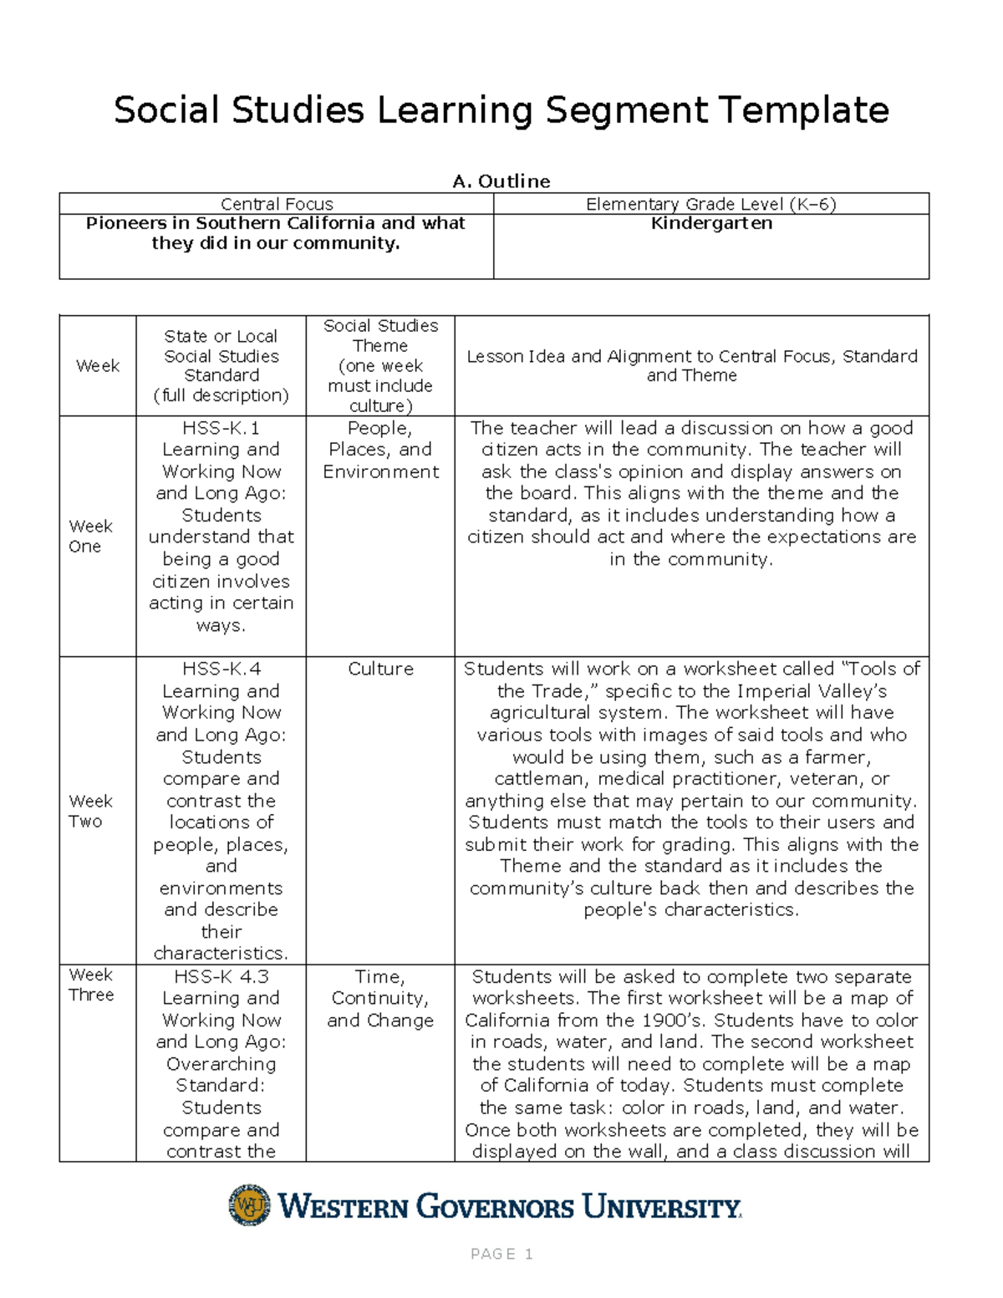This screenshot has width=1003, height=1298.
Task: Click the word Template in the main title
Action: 802,110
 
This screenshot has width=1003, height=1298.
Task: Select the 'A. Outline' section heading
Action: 501,181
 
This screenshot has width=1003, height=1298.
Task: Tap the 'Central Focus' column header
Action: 277,204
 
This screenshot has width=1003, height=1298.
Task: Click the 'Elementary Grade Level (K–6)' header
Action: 710,204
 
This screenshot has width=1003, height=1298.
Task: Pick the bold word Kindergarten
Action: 711,224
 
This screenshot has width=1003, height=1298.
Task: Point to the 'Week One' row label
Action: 90,536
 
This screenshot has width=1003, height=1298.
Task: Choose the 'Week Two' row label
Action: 90,811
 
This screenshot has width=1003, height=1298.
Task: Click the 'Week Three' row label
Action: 91,985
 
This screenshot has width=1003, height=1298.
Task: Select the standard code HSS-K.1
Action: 221,428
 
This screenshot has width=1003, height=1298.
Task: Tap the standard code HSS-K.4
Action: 221,669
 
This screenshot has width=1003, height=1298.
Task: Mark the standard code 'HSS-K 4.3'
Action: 221,976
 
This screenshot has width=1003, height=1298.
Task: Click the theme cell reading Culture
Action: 380,669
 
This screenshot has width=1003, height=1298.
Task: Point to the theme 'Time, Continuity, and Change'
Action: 380,998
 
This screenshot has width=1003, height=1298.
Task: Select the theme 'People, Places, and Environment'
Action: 380,450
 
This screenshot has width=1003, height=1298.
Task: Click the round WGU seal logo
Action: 249,1205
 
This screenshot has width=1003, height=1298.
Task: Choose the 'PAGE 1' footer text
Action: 501,1254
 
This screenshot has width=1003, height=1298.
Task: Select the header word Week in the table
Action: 98,366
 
